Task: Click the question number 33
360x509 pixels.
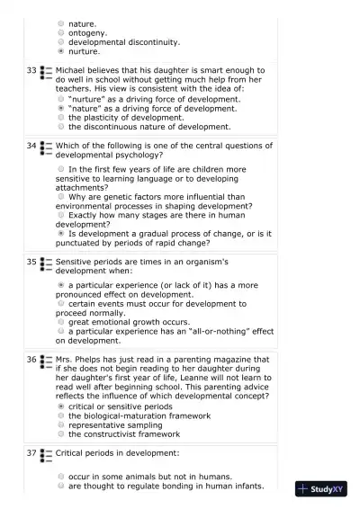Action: tap(31, 69)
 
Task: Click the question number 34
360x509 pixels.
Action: tap(31, 145)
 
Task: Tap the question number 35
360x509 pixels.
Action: tap(31, 262)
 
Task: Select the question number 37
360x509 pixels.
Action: tap(31, 452)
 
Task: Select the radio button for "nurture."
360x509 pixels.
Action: tap(60, 51)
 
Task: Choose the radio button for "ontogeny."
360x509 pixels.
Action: tap(60, 32)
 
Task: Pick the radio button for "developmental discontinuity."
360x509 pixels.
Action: tap(60, 41)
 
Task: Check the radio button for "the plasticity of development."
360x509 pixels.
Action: tap(60, 117)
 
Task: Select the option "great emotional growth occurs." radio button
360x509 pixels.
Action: tap(60, 321)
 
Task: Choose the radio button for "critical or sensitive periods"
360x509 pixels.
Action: tap(60, 406)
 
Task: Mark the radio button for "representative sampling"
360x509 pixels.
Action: tap(60, 425)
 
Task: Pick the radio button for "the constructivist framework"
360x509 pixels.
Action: tap(60, 434)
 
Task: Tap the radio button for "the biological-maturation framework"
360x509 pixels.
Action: tap(60, 415)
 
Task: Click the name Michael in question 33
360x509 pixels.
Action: tap(72, 69)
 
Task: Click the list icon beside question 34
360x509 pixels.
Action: tap(47, 146)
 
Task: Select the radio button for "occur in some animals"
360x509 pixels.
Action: tap(60, 477)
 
